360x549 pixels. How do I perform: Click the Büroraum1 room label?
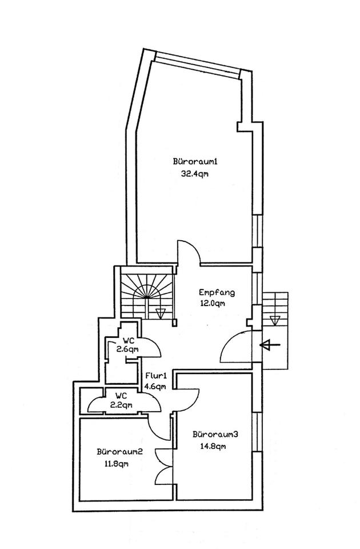click(195, 161)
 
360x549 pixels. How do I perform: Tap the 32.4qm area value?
click(194, 174)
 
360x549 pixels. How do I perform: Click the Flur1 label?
click(155, 376)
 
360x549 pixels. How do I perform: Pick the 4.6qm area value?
click(155, 387)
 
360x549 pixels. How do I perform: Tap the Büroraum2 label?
click(119, 451)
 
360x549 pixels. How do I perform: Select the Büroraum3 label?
click(215, 434)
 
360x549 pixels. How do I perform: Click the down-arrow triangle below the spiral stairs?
click(161, 312)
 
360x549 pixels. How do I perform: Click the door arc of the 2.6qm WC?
click(150, 347)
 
